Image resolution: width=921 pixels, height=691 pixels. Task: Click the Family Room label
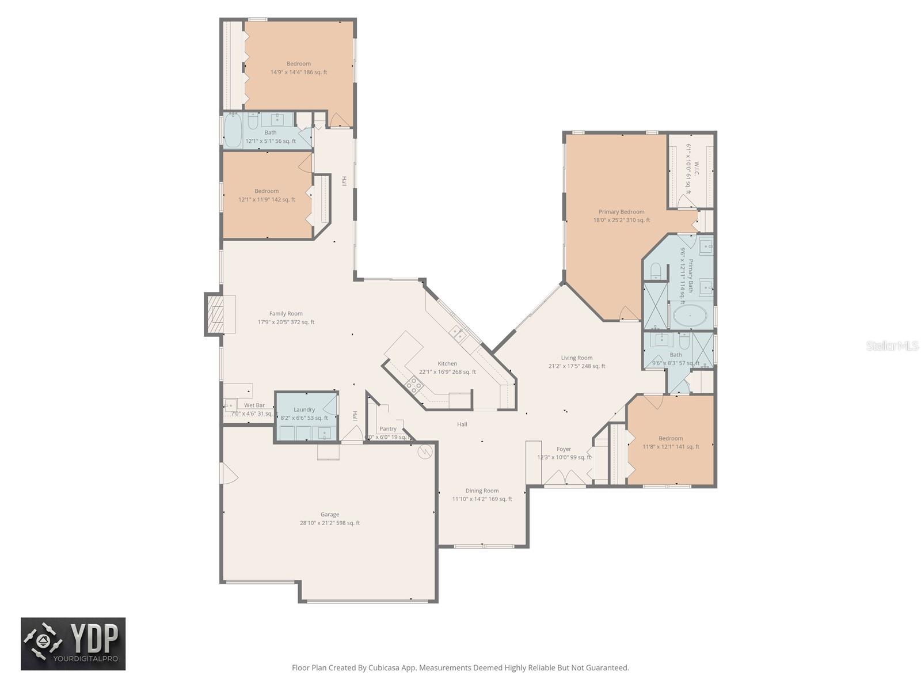tap(286, 314)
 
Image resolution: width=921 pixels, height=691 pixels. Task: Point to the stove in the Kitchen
tap(413, 384)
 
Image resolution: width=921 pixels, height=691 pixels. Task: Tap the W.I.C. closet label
tap(695, 169)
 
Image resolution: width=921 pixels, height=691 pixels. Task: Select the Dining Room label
tap(482, 491)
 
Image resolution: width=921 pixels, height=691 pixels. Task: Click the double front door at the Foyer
tap(565, 478)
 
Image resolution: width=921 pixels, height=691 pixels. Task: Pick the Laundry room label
tap(304, 410)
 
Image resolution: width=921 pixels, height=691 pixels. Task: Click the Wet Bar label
tap(254, 405)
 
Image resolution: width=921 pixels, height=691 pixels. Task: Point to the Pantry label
tap(388, 429)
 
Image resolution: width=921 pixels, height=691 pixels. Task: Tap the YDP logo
tap(73, 644)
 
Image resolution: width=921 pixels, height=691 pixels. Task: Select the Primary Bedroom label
tap(621, 212)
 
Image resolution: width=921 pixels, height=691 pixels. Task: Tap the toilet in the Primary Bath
tap(656, 270)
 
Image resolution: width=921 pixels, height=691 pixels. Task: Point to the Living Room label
tap(576, 358)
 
